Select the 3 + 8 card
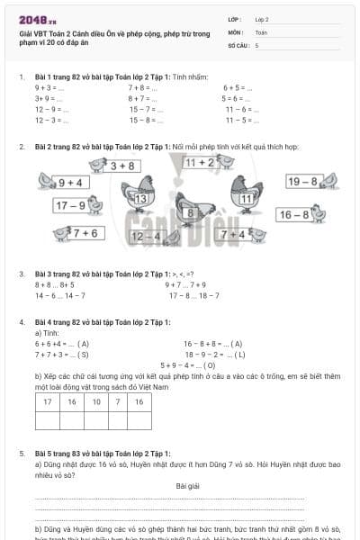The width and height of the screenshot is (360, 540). pos(122,166)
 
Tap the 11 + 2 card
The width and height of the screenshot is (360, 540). pos(200,162)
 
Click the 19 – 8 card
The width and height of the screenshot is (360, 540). pos(302,182)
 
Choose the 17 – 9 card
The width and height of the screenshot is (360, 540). pos(71,205)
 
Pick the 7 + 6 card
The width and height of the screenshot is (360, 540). pos(85,233)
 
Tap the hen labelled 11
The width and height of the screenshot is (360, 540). pos(247,197)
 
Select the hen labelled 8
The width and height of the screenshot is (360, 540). pos(190,212)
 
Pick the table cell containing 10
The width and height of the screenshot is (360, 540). pos(96,402)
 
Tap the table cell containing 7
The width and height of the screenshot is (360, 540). pos(118,402)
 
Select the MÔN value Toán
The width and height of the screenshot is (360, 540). pos(261,31)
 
